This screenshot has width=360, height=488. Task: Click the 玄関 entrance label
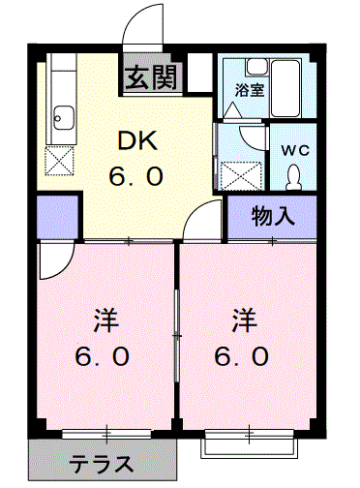pyautogui.click(x=151, y=77)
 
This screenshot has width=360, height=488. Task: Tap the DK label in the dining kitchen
pyautogui.click(x=138, y=140)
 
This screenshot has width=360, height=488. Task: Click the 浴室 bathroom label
pyautogui.click(x=250, y=90)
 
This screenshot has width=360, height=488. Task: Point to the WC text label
pyautogui.click(x=295, y=150)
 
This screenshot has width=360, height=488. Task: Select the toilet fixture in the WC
pyautogui.click(x=293, y=176)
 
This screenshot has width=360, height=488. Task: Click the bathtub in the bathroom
pyautogui.click(x=286, y=88)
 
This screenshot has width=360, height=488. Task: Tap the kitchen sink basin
pyautogui.click(x=64, y=118)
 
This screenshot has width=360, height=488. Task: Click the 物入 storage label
pyautogui.click(x=273, y=216)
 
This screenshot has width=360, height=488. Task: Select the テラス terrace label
pyautogui.click(x=102, y=464)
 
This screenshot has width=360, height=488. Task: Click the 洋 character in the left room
pyautogui.click(x=105, y=320)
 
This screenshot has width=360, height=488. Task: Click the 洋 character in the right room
pyautogui.click(x=244, y=320)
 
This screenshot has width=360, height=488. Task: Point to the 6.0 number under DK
pyautogui.click(x=135, y=176)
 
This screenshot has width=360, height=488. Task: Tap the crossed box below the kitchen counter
pyautogui.click(x=59, y=161)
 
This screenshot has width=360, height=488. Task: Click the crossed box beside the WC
pyautogui.click(x=241, y=175)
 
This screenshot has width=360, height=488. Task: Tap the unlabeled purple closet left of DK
pyautogui.click(x=57, y=216)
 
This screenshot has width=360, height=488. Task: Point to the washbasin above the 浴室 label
pyautogui.click(x=257, y=67)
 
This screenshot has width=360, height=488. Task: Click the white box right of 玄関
pyautogui.click(x=199, y=73)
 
